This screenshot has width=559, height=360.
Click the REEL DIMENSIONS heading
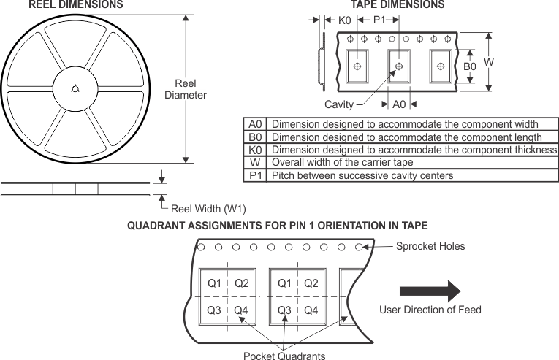[x=75, y=5]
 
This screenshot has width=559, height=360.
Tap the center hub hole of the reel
[x=75, y=89]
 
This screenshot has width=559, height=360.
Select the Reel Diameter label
[x=185, y=89]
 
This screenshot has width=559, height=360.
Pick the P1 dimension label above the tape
[x=379, y=20]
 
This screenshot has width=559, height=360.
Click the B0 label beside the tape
[x=470, y=66]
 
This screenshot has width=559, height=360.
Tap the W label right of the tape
[x=489, y=63]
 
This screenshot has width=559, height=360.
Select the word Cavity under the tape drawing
[x=339, y=104]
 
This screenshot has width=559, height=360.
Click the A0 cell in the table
[x=255, y=124]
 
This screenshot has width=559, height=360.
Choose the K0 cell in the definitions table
[x=255, y=150]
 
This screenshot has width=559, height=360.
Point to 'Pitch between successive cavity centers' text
[x=362, y=175]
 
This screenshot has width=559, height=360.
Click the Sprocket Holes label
[x=430, y=246]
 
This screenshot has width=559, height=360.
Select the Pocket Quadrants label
[x=284, y=356]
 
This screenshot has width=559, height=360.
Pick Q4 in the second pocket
[x=311, y=310]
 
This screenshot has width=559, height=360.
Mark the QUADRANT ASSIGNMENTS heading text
[x=278, y=226]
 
